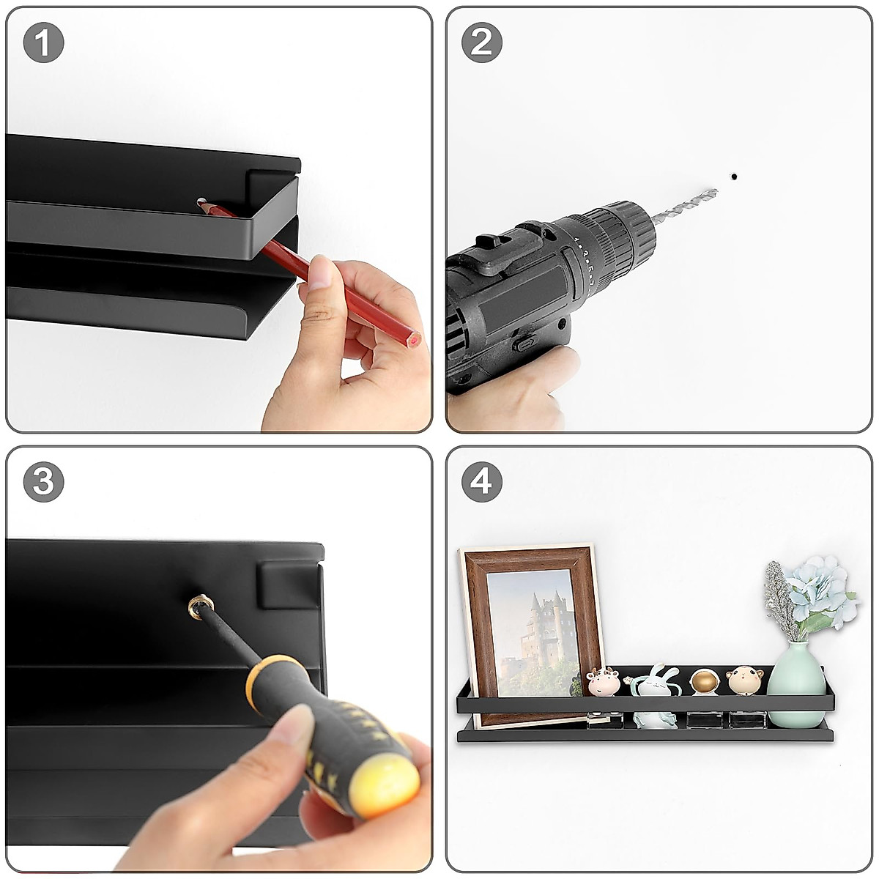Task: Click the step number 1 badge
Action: (x=43, y=42)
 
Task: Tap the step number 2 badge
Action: (x=482, y=42)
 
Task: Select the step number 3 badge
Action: (x=43, y=482)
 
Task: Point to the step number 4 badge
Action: (x=482, y=482)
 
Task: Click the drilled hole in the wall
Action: (x=734, y=176)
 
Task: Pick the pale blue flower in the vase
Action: (x=819, y=592)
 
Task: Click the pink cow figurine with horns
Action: (x=603, y=680)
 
